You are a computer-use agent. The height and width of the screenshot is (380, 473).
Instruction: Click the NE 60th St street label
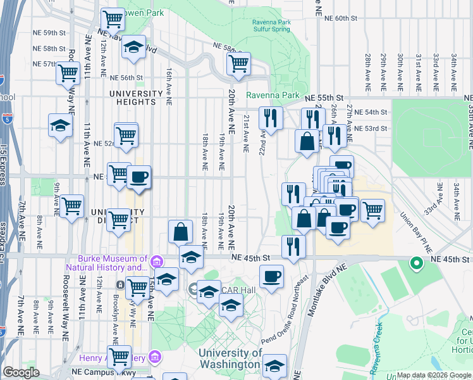340,18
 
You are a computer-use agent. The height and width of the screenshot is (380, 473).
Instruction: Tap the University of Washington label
230,358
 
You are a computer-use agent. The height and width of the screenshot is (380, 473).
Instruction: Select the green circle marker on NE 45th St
416,263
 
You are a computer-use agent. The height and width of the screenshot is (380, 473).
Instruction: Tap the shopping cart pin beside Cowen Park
113,20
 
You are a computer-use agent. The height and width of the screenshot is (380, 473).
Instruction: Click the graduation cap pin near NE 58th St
133,47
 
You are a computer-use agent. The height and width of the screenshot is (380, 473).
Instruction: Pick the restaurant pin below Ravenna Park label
271,118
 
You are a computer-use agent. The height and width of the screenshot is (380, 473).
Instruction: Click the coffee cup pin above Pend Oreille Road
272,276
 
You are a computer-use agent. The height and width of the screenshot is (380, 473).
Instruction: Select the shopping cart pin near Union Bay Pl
372,210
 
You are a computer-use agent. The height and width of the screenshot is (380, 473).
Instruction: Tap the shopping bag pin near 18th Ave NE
181,231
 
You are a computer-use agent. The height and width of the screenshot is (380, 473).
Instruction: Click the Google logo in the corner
21,372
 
